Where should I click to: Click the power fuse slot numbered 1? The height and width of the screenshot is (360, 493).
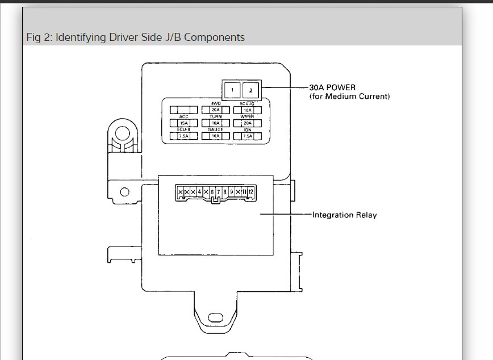click(x=231, y=89)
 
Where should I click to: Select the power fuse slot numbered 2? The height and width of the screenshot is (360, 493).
click(x=251, y=89)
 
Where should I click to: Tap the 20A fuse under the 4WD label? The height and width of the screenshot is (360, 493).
click(x=215, y=110)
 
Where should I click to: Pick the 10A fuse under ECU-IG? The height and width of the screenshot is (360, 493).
click(x=247, y=110)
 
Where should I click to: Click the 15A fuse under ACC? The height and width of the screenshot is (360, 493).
click(x=183, y=123)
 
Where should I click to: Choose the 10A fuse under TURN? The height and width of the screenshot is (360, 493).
click(x=215, y=123)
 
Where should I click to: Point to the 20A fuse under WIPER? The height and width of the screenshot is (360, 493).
click(x=247, y=123)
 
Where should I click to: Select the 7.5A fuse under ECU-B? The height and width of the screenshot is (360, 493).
click(x=183, y=136)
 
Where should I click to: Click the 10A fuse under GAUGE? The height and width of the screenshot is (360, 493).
click(x=215, y=136)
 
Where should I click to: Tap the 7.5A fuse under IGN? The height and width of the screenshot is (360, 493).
click(x=247, y=136)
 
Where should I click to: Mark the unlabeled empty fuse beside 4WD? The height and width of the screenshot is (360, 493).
click(x=183, y=110)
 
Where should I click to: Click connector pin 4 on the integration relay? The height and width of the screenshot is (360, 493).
click(x=199, y=192)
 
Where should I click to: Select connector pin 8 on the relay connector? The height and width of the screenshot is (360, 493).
click(x=225, y=192)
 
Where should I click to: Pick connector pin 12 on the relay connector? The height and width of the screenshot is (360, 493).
click(x=250, y=192)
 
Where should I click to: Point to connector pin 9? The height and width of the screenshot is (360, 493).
click(x=231, y=192)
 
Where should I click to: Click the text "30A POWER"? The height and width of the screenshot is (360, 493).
click(x=332, y=87)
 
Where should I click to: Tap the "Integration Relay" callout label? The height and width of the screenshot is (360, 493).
click(x=344, y=215)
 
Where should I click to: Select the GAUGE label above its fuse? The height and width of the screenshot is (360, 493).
click(x=215, y=130)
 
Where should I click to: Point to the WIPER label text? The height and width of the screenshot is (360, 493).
click(x=247, y=116)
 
